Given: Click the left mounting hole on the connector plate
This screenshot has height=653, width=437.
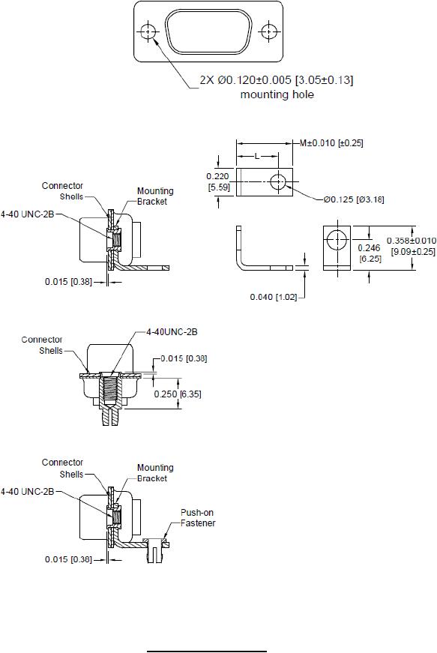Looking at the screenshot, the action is click(x=148, y=31).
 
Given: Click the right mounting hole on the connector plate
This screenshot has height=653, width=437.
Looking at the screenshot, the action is click(x=269, y=31).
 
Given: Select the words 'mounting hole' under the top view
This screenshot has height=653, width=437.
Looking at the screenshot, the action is click(x=277, y=94).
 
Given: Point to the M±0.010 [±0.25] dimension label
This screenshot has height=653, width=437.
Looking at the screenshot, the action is click(x=331, y=143).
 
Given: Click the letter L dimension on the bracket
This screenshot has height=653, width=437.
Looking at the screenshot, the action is click(x=257, y=156).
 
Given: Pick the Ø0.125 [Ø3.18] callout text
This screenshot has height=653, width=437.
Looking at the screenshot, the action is click(x=354, y=199).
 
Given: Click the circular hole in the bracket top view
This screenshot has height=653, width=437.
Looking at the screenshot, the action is click(x=278, y=182).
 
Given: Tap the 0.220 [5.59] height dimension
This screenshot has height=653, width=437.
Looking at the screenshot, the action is click(x=218, y=181).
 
